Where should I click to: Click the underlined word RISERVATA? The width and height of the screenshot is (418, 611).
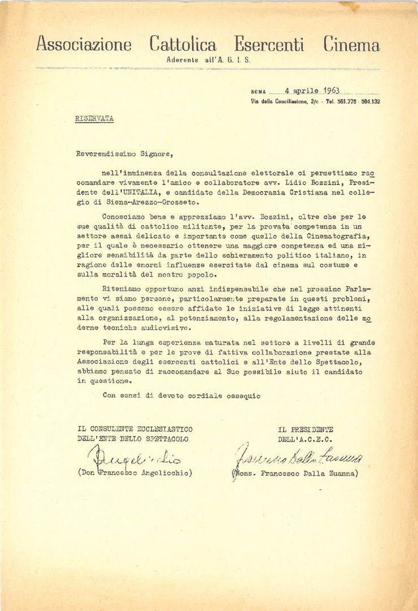pyautogui.click(x=94, y=119)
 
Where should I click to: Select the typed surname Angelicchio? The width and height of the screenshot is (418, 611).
pyautogui.click(x=163, y=472)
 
